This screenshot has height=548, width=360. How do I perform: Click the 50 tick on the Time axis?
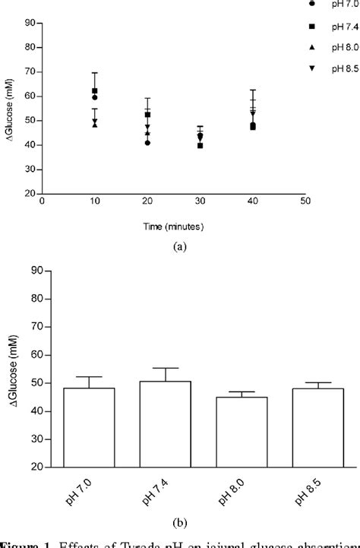point(305,202)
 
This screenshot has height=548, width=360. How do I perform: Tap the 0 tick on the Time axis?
point(43,202)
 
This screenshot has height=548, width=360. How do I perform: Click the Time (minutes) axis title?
point(174,226)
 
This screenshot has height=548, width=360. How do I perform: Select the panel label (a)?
point(179,245)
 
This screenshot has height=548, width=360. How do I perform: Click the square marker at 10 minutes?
point(95,91)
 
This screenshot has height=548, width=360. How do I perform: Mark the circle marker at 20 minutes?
point(147,143)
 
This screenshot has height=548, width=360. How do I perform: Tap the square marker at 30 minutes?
point(200,144)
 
